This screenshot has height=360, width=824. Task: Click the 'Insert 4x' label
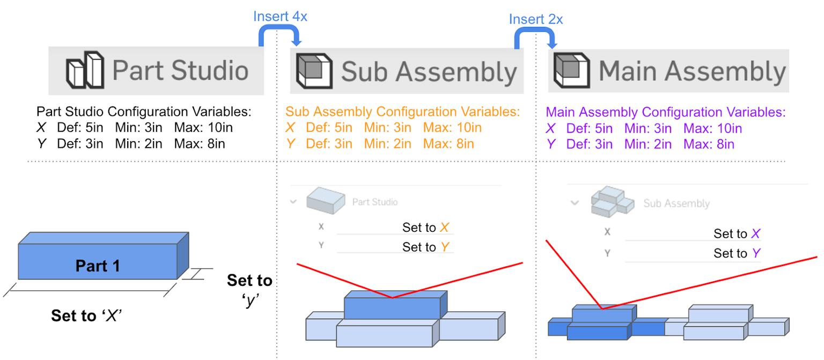click(280, 16)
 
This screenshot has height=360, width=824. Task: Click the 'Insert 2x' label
click(535, 19)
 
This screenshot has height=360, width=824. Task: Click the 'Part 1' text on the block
click(98, 266)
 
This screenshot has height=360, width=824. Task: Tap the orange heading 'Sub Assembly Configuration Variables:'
click(402, 112)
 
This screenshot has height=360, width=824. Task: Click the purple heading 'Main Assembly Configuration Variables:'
click(665, 112)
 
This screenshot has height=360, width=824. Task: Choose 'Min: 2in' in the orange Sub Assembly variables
click(387, 144)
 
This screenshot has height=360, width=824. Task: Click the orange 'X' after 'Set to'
click(444, 227)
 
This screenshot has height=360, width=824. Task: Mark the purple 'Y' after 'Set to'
click(755, 253)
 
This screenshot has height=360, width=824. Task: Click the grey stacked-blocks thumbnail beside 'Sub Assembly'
click(610, 202)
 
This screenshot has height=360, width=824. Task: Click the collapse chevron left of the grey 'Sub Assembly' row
click(575, 203)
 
